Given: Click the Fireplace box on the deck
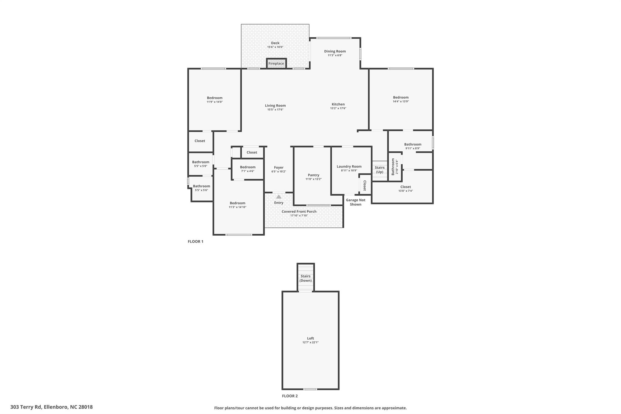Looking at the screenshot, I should point(276,63).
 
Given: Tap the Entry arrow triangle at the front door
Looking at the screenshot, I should point(279,197).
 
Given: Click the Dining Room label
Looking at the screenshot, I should point(335,51).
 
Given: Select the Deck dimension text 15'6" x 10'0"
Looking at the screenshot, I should point(275,47).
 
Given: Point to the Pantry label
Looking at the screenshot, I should point(313,175).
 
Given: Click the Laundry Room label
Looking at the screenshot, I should point(349,166).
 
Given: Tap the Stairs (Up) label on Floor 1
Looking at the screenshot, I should point(379,170).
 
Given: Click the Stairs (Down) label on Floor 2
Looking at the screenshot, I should point(305,278).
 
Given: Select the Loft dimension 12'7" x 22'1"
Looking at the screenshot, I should point(310,342).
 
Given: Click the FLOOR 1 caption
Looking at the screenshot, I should point(195,241).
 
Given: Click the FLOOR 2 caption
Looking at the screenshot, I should point(290,396).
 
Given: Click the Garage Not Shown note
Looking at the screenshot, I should point(355,202).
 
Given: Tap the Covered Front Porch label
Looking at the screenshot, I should point(299,211).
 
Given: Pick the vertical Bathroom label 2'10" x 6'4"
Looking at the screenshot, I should point(394,167).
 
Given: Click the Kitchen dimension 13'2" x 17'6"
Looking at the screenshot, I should point(338,108).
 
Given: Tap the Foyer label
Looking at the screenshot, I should point(279,167).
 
